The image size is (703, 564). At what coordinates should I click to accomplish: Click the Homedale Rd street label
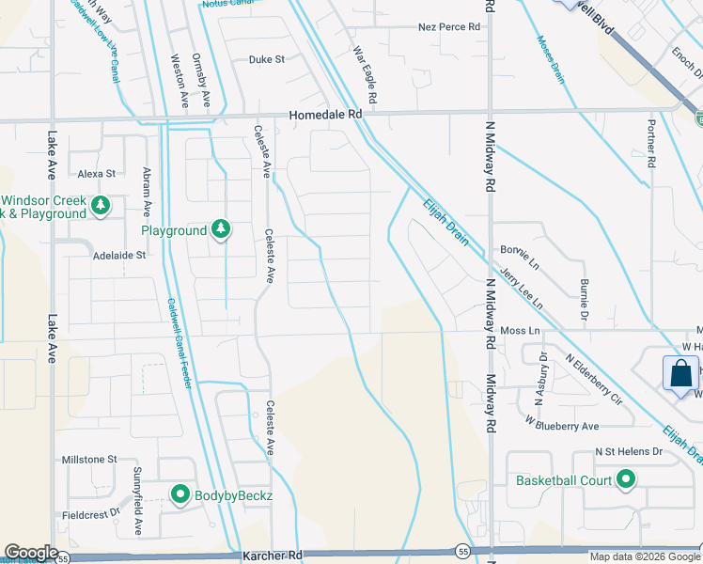(325, 114)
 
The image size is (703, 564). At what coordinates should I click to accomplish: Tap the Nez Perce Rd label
(449, 27)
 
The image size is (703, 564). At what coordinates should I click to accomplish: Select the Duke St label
(266, 59)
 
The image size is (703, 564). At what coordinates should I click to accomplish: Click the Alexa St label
(96, 174)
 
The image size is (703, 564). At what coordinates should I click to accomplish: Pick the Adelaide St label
(119, 255)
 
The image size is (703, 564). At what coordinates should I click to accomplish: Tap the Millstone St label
(87, 460)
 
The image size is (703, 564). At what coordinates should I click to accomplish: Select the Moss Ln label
(520, 331)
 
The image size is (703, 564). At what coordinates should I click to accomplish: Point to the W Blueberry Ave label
(562, 426)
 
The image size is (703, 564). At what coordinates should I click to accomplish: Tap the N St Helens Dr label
(629, 452)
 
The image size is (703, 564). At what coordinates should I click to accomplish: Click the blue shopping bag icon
(680, 373)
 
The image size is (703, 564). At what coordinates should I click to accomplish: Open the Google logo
(31, 553)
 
